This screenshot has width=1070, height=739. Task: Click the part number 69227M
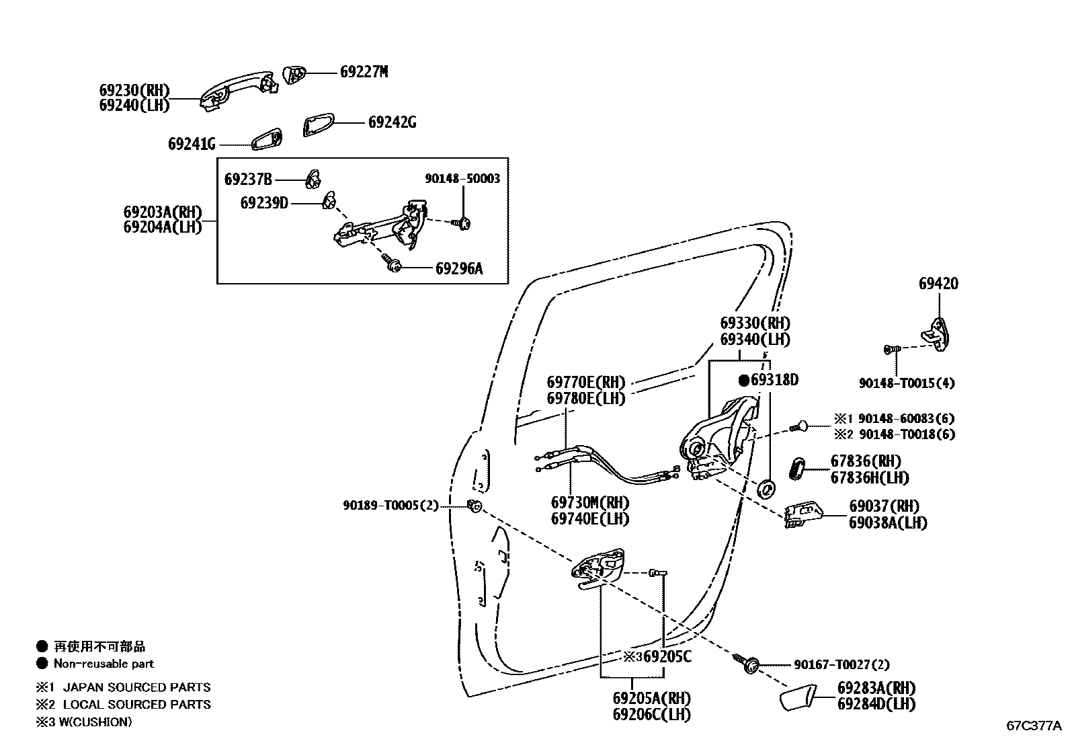tap(364, 72)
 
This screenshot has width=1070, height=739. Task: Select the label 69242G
tap(392, 122)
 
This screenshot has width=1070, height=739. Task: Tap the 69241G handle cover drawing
tap(267, 139)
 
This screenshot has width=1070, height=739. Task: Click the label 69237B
tap(248, 180)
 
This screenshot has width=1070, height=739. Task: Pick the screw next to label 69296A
tap(393, 264)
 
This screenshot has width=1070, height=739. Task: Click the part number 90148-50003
tap(462, 179)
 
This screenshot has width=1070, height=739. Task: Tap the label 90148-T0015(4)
tap(906, 383)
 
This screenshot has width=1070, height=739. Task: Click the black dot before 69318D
tap(744, 381)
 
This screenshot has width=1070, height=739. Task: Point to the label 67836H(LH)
tap(870, 478)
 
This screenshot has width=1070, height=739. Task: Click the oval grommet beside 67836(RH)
tap(797, 468)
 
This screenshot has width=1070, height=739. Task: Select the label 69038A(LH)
tap(887, 523)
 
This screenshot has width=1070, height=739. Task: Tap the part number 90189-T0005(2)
tap(390, 506)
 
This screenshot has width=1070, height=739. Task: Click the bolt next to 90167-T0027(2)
tap(749, 662)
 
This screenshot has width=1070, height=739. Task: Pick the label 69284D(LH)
tap(876, 705)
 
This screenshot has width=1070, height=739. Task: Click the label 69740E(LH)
tap(589, 519)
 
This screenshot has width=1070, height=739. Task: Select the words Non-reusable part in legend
tap(104, 664)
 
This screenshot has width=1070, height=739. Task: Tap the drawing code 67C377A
tap(1033, 726)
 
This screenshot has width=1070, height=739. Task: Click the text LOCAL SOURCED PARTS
tap(136, 705)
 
